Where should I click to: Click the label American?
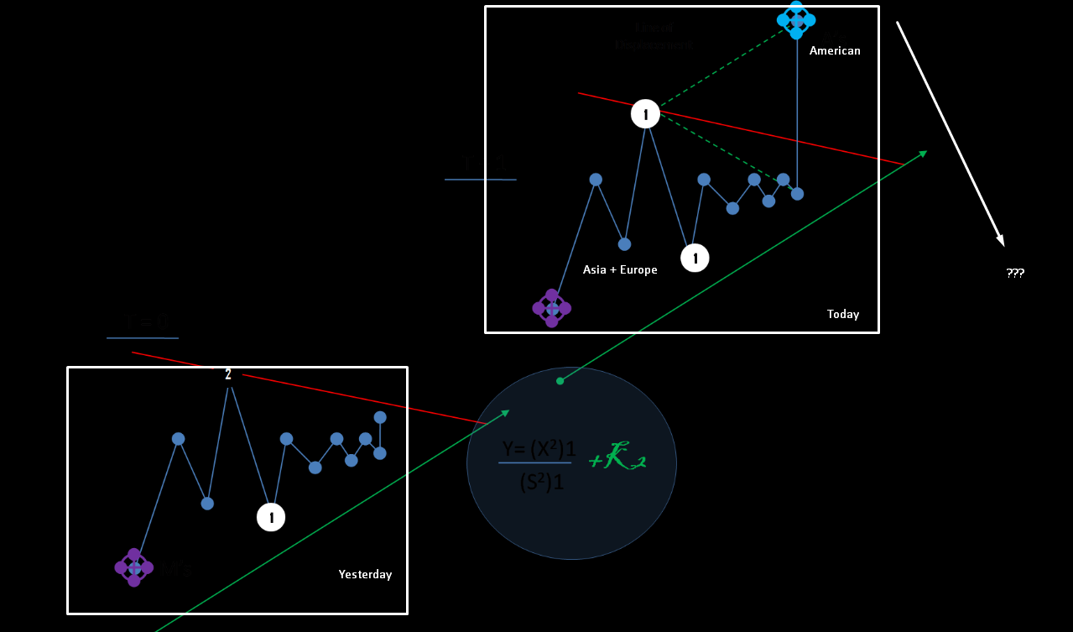click(835, 50)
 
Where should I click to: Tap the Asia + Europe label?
click(620, 270)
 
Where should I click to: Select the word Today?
click(843, 314)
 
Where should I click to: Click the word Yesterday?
click(365, 574)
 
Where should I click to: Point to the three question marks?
click(1015, 273)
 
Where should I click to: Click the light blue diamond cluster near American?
click(796, 20)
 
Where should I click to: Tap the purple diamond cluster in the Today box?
click(552, 308)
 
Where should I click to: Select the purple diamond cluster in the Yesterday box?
click(134, 568)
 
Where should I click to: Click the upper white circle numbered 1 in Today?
click(645, 113)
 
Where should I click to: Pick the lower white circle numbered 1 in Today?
click(695, 258)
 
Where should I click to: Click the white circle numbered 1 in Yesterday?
click(271, 517)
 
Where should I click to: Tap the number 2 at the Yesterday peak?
click(228, 374)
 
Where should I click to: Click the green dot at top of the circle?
click(560, 380)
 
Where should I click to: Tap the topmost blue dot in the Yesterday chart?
click(380, 417)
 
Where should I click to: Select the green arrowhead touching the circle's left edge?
click(505, 412)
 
